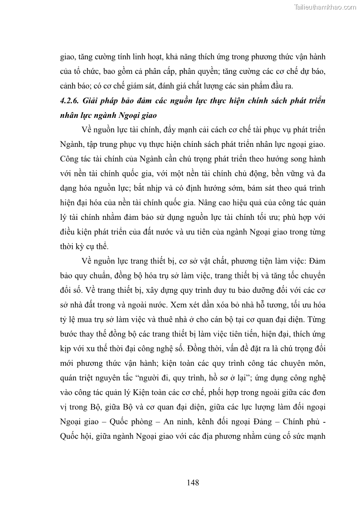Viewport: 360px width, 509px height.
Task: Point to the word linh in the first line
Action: (x=139, y=58)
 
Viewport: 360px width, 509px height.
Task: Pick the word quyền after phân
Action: (x=207, y=72)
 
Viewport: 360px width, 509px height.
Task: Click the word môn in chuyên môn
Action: (x=313, y=362)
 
